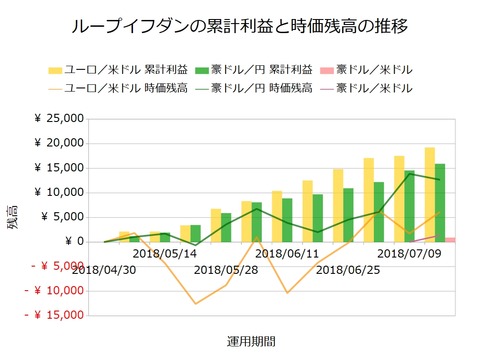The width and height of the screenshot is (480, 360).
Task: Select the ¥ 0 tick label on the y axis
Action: (76, 241)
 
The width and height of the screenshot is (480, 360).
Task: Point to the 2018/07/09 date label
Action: (407, 254)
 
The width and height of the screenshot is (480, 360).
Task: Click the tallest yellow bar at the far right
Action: (429, 195)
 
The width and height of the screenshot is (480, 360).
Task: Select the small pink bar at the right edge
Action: (451, 239)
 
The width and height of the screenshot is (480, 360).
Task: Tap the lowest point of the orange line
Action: (195, 303)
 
